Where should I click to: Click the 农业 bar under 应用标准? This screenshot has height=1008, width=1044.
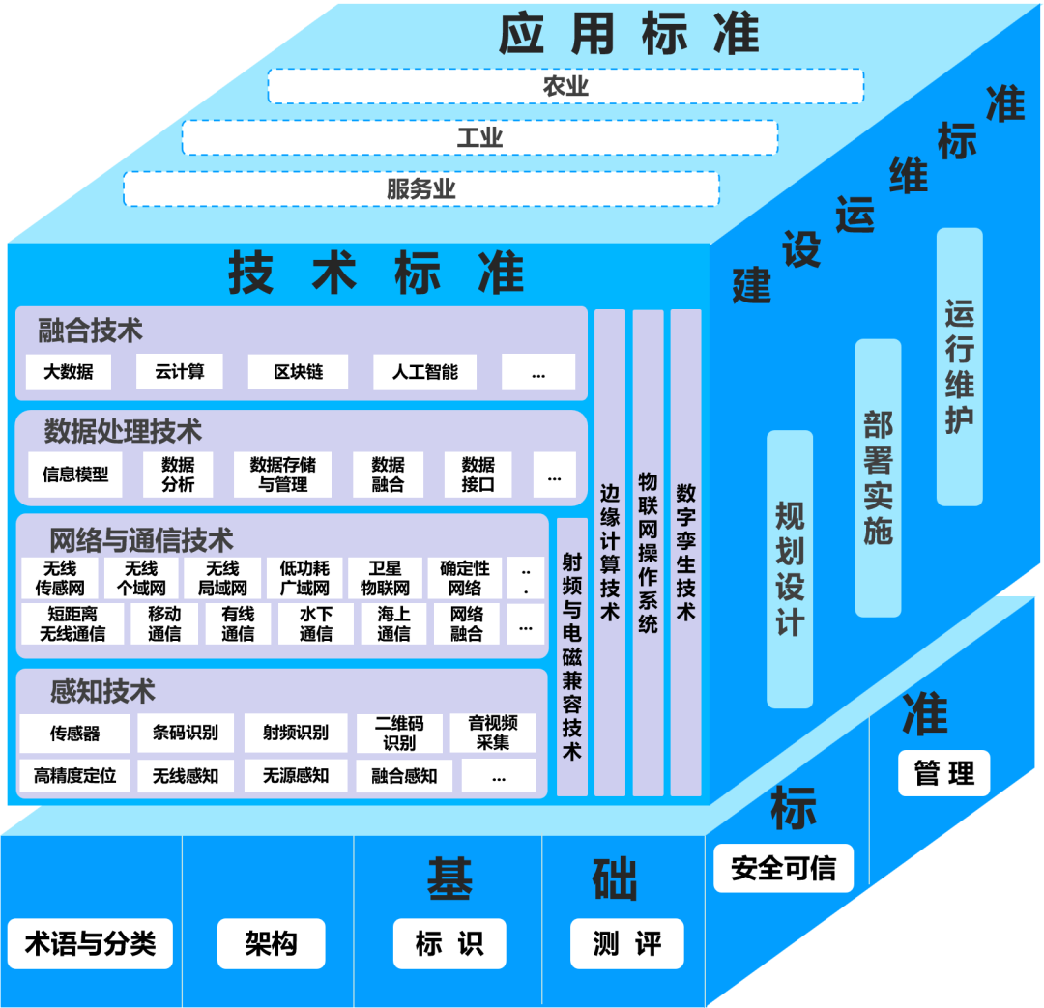[x=565, y=86]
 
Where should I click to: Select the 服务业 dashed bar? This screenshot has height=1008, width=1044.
[x=421, y=188]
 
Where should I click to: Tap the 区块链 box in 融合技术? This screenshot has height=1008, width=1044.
[x=298, y=372]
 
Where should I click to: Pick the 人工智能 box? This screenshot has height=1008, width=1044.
[x=425, y=372]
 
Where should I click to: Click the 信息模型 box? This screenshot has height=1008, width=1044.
[x=75, y=475]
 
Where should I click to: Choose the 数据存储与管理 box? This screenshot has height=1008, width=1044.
[x=282, y=475]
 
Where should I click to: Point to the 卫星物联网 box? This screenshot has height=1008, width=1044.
[x=385, y=578]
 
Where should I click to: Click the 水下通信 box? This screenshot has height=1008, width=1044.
[x=315, y=623]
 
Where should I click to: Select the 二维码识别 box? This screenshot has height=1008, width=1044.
[x=399, y=733]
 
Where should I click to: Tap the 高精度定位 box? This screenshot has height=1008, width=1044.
[x=74, y=775]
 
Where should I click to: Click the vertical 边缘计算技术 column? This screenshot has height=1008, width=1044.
[x=609, y=552]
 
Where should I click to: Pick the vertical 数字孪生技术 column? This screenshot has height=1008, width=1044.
[x=685, y=552]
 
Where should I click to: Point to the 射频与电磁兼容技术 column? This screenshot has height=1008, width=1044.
[x=571, y=656]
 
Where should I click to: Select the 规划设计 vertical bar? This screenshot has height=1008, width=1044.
[x=790, y=568]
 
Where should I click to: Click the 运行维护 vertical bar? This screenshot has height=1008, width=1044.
[x=959, y=367]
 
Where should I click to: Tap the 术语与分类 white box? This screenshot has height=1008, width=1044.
[x=90, y=943]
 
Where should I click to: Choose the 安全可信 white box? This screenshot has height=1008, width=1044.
[x=783, y=868]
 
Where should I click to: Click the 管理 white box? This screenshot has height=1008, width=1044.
[x=943, y=773]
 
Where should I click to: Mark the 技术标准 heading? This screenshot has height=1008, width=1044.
[x=376, y=274]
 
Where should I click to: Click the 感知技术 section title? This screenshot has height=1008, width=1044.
[x=102, y=692]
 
